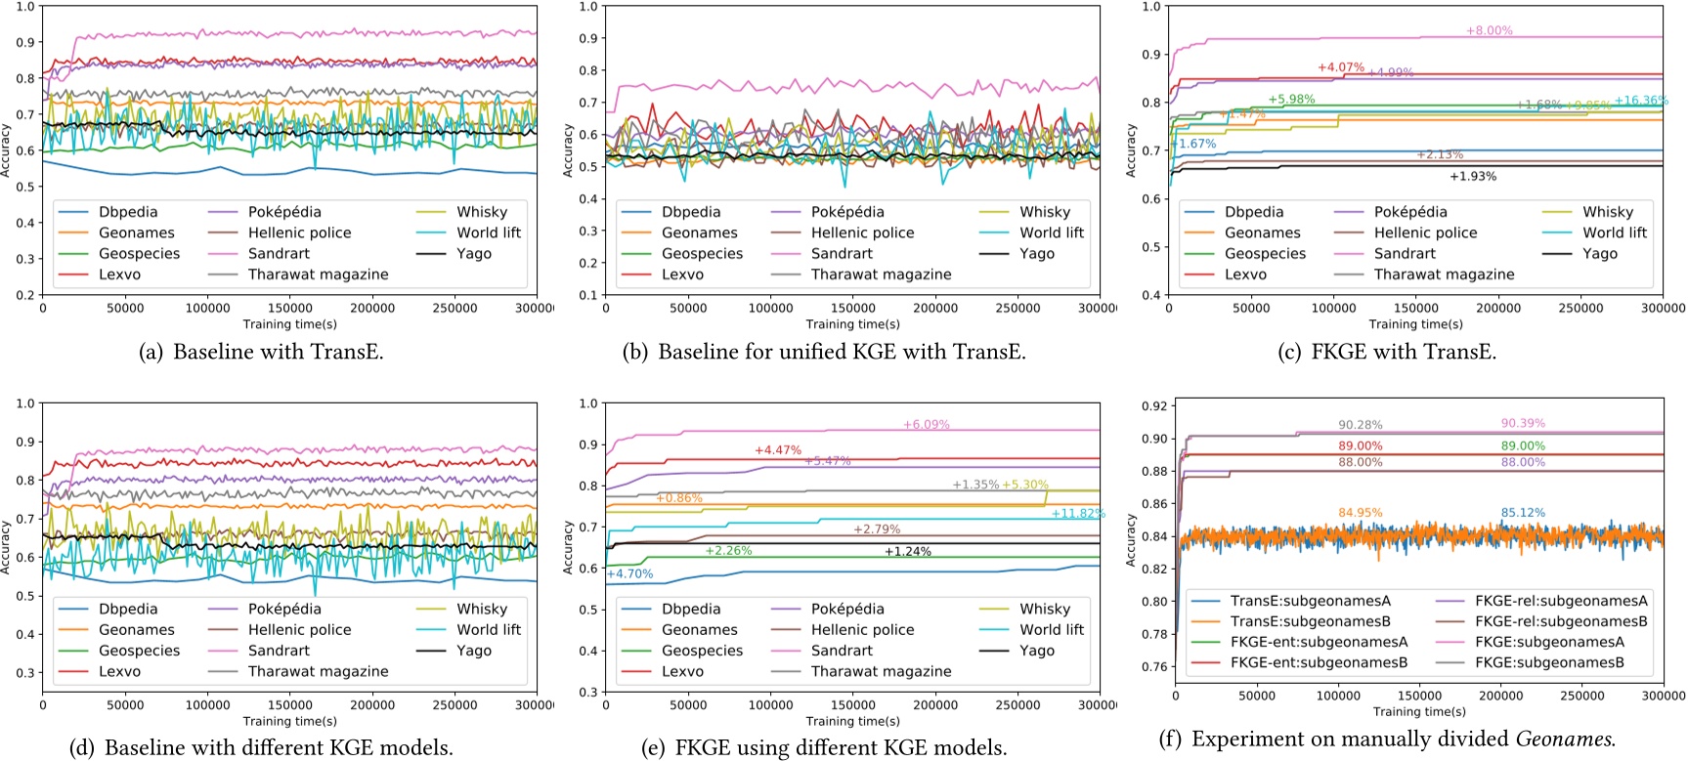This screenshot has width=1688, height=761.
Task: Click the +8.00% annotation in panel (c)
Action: click(1489, 31)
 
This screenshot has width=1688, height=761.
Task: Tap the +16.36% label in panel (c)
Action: click(1641, 101)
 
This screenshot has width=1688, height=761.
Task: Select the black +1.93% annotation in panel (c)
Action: click(1472, 177)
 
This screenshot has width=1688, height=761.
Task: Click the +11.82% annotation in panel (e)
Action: click(1078, 514)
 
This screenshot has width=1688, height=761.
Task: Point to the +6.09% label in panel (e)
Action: click(926, 425)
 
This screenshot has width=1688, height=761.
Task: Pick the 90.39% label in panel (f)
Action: click(1523, 424)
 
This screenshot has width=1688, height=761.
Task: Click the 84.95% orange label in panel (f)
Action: click(1361, 513)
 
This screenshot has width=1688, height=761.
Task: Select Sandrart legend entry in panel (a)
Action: click(279, 254)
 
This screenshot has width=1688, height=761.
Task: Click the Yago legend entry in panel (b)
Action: click(1037, 254)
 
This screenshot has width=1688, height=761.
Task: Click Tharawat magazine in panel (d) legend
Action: click(318, 672)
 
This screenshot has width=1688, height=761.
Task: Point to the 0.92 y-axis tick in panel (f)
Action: click(1153, 406)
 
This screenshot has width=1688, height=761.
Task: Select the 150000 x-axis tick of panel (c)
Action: click(1415, 309)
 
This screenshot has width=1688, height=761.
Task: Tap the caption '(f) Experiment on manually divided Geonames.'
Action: click(1387, 740)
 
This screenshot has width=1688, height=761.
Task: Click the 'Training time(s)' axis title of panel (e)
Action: click(852, 722)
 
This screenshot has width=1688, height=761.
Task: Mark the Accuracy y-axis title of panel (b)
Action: click(568, 150)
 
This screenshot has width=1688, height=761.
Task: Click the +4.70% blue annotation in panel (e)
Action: click(629, 574)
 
